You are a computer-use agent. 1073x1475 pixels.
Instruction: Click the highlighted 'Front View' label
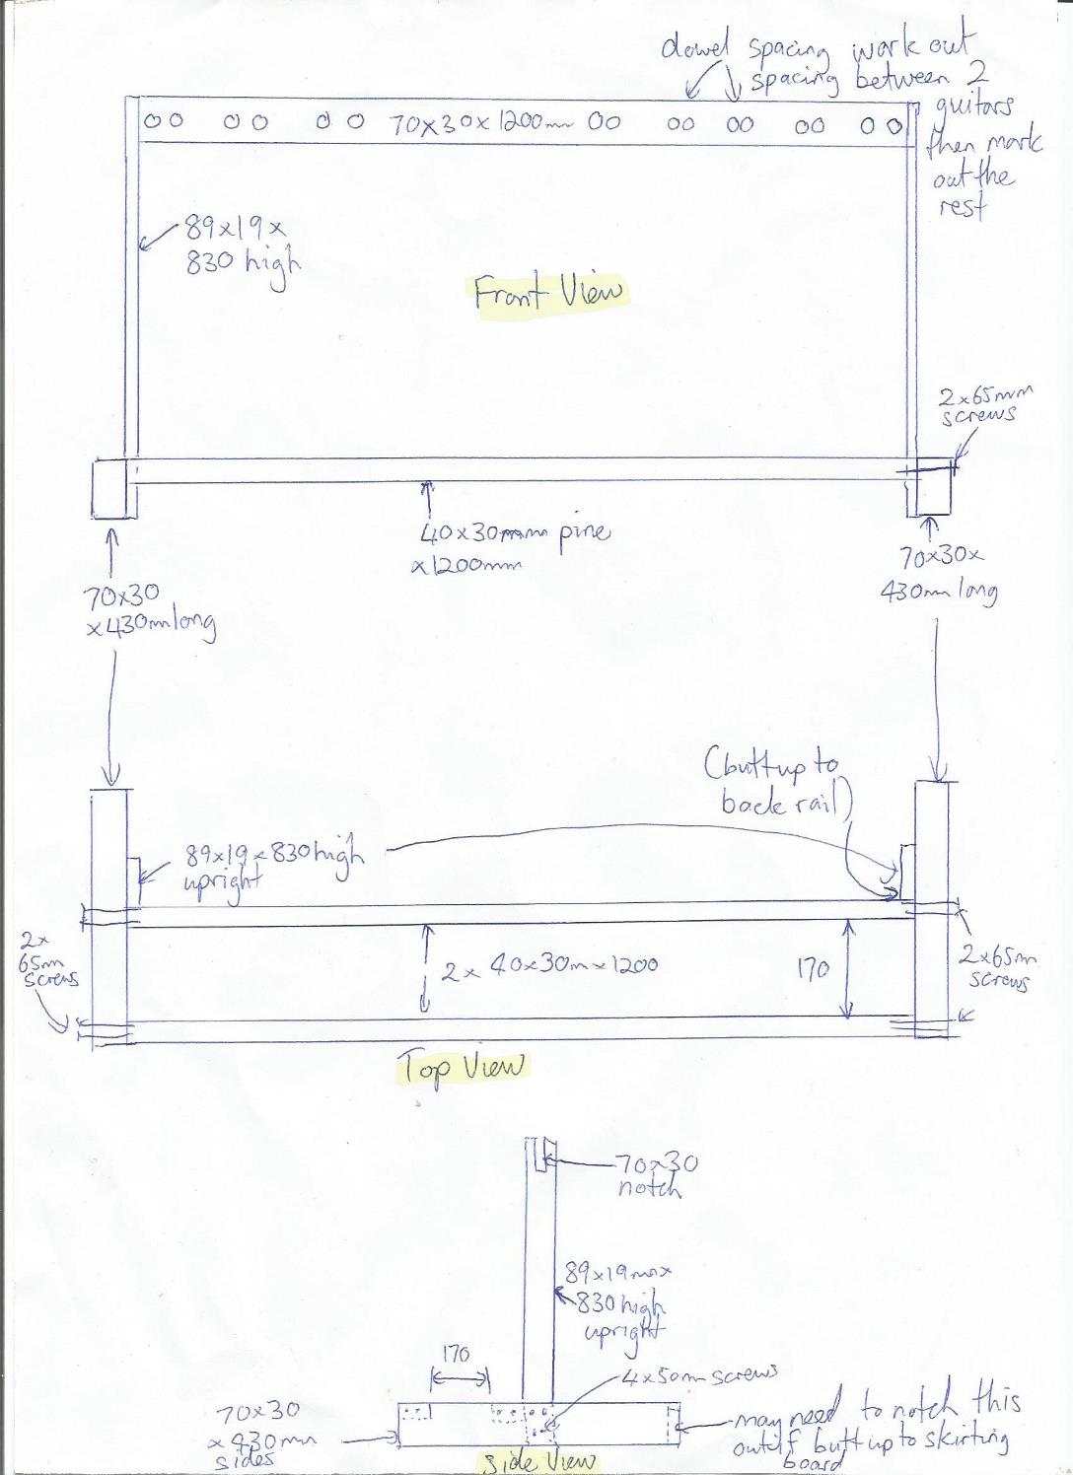(x=548, y=293)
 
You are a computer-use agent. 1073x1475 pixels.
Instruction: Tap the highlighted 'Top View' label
(x=463, y=1067)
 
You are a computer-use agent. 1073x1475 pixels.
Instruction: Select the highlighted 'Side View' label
(x=538, y=1461)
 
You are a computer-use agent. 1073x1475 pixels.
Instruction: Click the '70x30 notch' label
(x=656, y=1175)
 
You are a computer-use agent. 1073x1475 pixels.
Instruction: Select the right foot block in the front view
(x=932, y=487)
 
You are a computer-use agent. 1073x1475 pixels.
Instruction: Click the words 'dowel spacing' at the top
(x=745, y=49)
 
